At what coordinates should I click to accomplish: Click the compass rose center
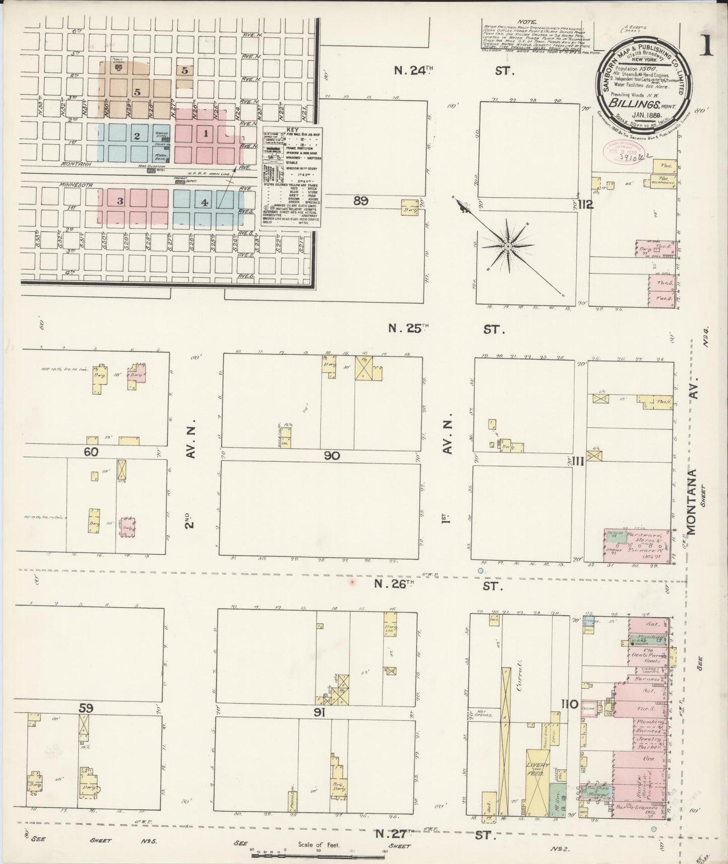coord(508,246)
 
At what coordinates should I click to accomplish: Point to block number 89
coord(360,201)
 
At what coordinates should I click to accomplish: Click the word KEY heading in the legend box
coord(292,130)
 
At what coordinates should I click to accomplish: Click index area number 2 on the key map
coord(137,136)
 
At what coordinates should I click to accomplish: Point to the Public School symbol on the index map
coord(118,66)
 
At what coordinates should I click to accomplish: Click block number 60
coord(91,452)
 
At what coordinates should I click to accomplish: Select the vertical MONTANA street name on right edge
coord(692,502)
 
